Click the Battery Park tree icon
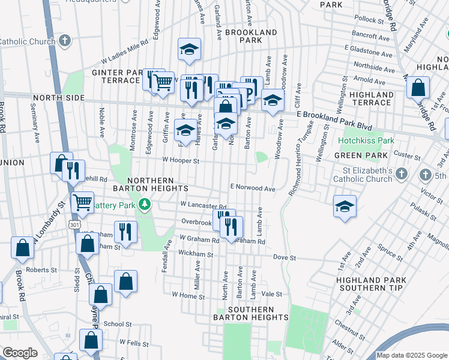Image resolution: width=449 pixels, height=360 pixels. pyautogui.click(x=144, y=205)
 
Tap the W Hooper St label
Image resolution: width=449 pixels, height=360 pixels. pyautogui.click(x=181, y=160)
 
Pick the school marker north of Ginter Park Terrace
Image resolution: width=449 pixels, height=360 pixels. pyautogui.click(x=189, y=50)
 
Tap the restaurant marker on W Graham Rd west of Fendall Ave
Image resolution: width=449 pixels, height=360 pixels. pyautogui.click(x=125, y=231)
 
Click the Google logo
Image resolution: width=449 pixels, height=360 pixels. pyautogui.click(x=20, y=353)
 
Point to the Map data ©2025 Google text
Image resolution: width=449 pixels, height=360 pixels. pyautogui.click(x=411, y=355)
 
